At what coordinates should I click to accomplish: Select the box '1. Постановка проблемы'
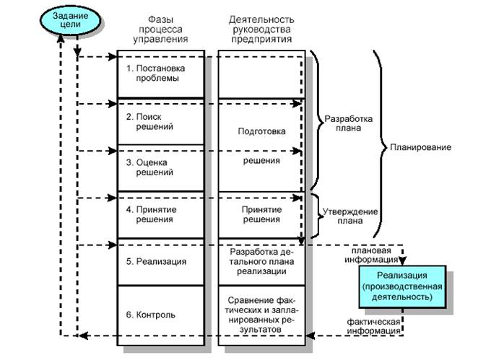(x=160, y=74)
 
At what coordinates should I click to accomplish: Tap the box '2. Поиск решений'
(x=160, y=121)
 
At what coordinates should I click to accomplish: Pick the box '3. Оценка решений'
(x=160, y=167)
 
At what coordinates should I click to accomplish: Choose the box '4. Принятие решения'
(x=160, y=214)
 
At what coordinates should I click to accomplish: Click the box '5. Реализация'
(x=160, y=261)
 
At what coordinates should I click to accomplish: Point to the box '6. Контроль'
(x=160, y=315)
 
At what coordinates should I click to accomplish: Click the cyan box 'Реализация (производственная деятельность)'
(x=404, y=285)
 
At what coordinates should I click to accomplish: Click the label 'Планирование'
(x=421, y=147)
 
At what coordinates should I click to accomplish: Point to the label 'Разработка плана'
(x=347, y=123)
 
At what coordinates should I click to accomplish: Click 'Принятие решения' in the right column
(x=261, y=214)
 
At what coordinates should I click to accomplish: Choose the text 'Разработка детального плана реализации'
(x=261, y=261)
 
